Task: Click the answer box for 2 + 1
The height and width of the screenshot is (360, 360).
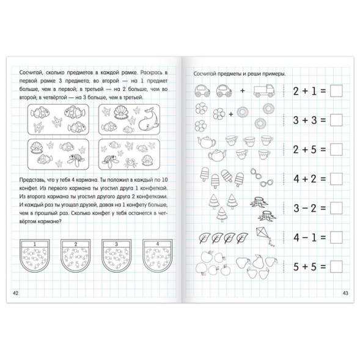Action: point(336,91)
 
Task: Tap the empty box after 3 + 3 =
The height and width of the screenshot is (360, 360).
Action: point(336,120)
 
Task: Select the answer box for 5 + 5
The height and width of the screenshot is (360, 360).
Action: point(336,266)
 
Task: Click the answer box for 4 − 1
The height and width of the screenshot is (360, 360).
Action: point(336,237)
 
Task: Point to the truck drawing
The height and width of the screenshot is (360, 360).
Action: point(264,90)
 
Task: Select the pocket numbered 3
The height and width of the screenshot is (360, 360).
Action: point(116,255)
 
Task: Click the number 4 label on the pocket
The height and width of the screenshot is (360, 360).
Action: point(157,244)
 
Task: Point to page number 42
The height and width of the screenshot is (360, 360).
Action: point(16,293)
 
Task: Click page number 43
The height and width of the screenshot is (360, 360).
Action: point(345,293)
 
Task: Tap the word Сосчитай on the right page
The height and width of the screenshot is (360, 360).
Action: point(204,74)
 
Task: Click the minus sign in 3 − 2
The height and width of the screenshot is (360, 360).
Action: point(305,208)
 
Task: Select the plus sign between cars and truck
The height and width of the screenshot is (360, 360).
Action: point(243,91)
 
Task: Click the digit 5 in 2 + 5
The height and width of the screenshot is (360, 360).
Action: point(314,150)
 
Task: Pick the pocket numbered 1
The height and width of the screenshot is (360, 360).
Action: point(35,255)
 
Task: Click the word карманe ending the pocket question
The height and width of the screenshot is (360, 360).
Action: point(46,221)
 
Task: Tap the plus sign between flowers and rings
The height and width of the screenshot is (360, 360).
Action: point(231,114)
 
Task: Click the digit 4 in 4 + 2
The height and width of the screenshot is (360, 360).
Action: point(296,179)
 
